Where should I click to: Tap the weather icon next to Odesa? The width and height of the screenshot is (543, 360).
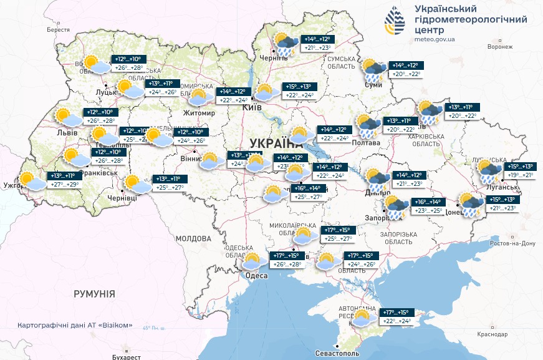click(x=252, y=260)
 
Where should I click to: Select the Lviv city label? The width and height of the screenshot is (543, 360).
click(x=62, y=133)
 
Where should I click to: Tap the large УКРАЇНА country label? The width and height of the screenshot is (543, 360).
click(x=271, y=141)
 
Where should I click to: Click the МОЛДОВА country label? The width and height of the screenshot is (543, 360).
click(x=193, y=238)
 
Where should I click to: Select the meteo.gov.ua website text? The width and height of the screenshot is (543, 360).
click(x=435, y=39)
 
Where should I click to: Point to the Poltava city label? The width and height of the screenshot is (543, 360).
click(x=367, y=143)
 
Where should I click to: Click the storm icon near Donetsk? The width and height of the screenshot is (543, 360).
click(x=469, y=204)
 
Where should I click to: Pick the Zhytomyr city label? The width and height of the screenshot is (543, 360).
click(x=198, y=113)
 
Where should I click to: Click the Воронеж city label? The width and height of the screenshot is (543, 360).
click(x=499, y=46)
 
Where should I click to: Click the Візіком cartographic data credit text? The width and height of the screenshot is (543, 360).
click(x=75, y=325)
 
